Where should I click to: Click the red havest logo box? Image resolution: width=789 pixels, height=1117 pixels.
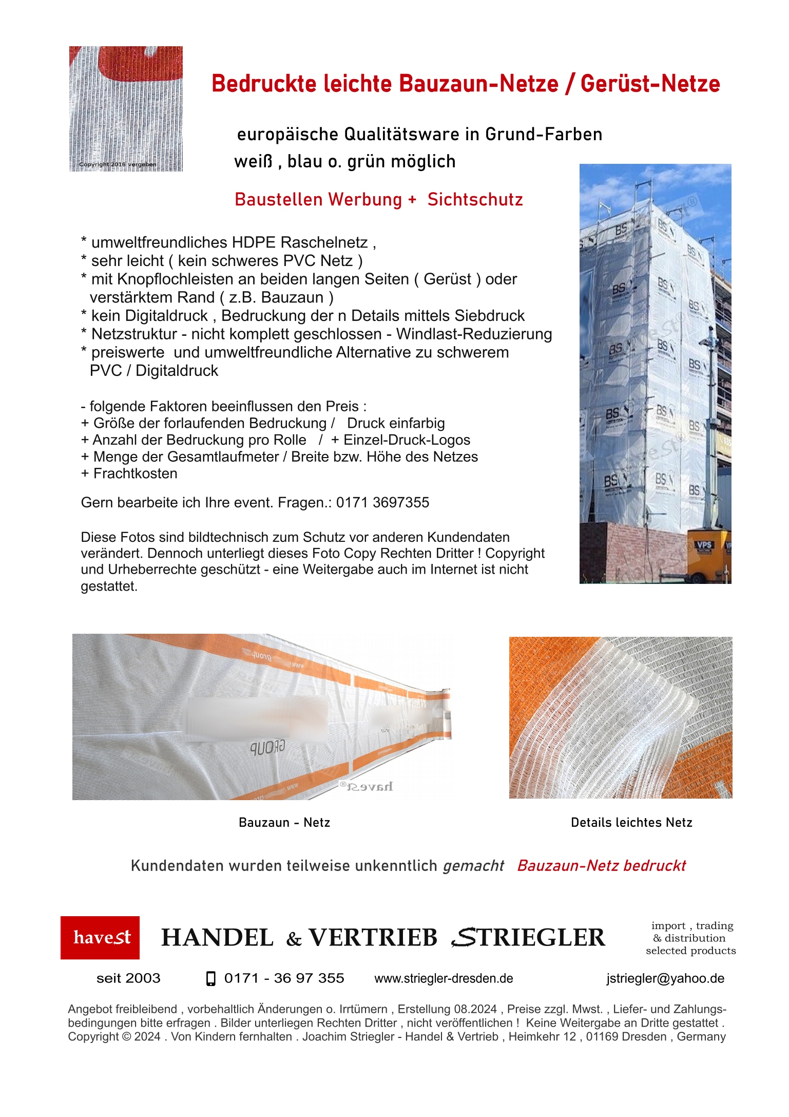click(x=100, y=937)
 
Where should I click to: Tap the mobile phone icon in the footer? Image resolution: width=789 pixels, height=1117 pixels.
click(x=210, y=978)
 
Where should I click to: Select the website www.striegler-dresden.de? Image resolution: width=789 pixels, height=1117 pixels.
click(x=444, y=978)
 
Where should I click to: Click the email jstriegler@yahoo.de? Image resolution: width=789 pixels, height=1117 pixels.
click(x=665, y=978)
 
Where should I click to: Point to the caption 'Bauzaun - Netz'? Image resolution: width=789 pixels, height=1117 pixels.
click(x=284, y=822)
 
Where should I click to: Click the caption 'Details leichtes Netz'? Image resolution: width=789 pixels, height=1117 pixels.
click(x=631, y=822)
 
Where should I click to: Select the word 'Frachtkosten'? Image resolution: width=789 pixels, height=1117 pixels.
click(x=135, y=474)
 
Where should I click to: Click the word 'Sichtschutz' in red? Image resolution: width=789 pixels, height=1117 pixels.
click(x=475, y=199)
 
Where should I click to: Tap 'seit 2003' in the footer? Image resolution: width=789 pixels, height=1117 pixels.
click(x=128, y=978)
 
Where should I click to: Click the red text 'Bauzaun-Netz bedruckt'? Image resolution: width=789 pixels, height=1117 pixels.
click(x=601, y=865)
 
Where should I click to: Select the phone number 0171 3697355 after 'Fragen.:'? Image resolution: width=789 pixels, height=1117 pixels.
click(x=382, y=502)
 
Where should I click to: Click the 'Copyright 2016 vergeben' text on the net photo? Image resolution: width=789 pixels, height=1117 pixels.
click(x=118, y=164)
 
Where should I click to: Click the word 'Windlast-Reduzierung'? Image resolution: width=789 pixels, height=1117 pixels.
click(x=474, y=334)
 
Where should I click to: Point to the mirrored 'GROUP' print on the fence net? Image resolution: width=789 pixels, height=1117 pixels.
click(x=267, y=747)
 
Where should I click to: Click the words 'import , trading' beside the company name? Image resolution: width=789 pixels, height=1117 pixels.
click(x=692, y=925)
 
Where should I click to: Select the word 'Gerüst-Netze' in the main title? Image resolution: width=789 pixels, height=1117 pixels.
click(x=650, y=84)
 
